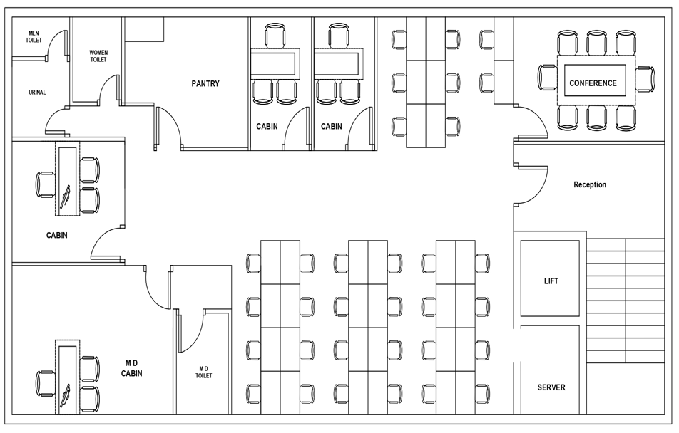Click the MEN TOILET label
pyautogui.click(x=34, y=36)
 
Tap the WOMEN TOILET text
pyautogui.click(x=98, y=56)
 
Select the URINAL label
pyautogui.click(x=37, y=93)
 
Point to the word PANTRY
pyautogui.click(x=205, y=84)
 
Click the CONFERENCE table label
pyautogui.click(x=593, y=83)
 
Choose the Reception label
pyautogui.click(x=590, y=185)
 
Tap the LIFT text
pyautogui.click(x=551, y=281)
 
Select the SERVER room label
pyautogui.click(x=551, y=387)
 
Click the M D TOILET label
pyautogui.click(x=204, y=372)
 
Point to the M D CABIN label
pyautogui.click(x=131, y=367)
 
